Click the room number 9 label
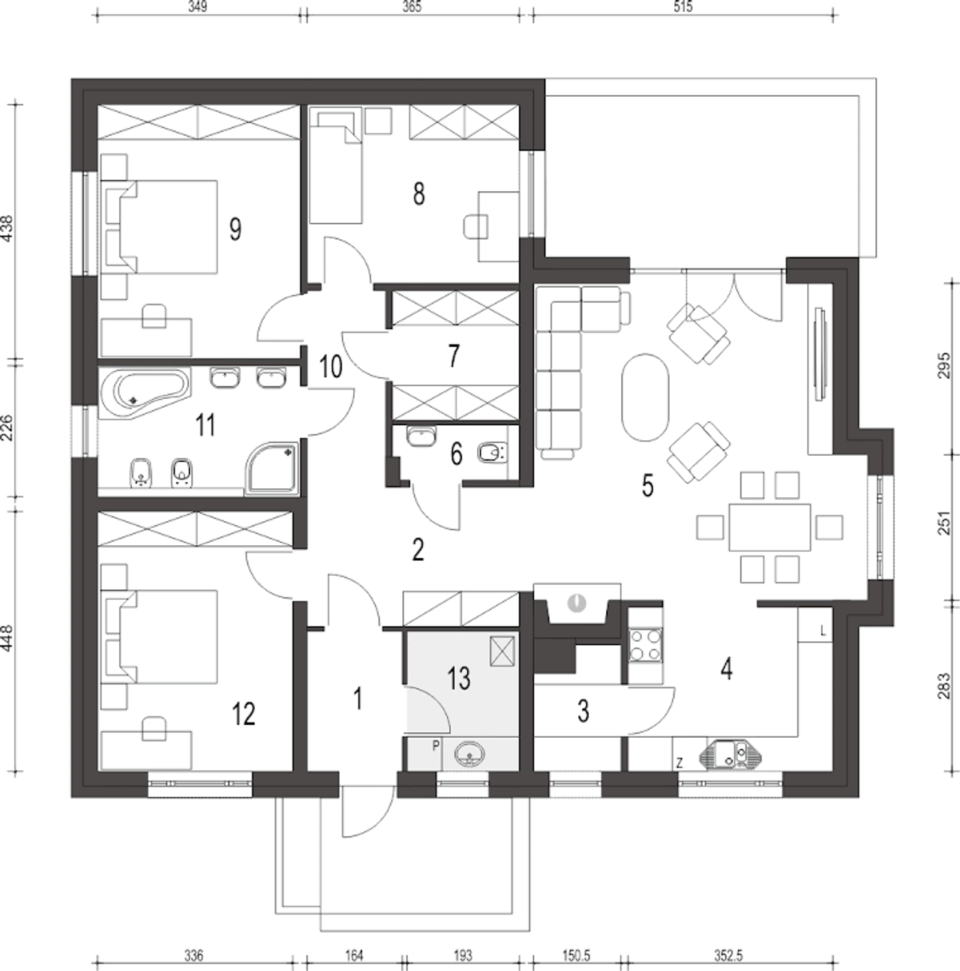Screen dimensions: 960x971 pos(235,229)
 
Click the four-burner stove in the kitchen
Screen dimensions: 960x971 pos(646,645)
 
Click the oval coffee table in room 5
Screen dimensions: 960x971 pos(646,397)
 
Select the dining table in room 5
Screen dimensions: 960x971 pos(769,527)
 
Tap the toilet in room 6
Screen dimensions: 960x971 pos(492,453)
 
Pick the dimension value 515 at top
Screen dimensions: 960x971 pos(682,7)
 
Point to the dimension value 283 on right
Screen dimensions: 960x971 pos(945,686)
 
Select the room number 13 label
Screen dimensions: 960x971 pos(459,678)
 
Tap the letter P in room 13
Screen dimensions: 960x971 pos(436,746)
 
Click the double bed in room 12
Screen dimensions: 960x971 pos(160,637)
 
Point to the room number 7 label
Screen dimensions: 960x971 pos(454,356)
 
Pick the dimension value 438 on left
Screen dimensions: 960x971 pos(7,229)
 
